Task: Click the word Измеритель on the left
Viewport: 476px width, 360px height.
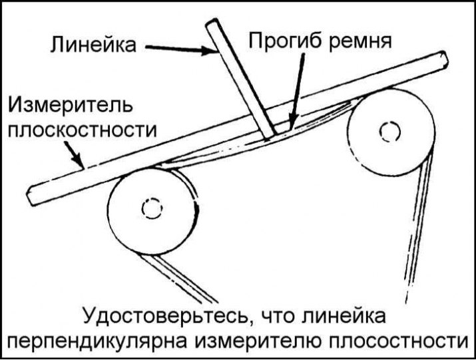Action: [x=70, y=105]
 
